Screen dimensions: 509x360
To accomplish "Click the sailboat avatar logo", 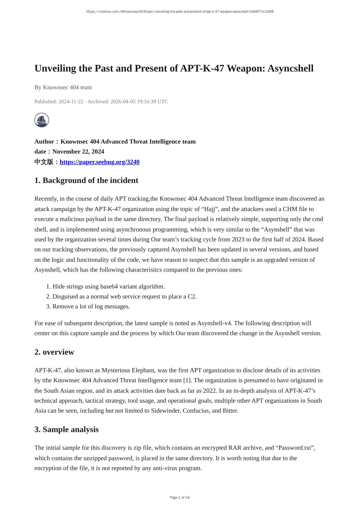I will pyautogui.click(x=42, y=120).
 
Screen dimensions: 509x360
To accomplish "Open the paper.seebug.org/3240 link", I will pyautogui.click(x=99, y=162).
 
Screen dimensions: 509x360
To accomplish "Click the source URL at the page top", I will pyautogui.click(x=180, y=12).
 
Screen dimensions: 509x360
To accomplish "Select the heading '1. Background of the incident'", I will pyautogui.click(x=86, y=180).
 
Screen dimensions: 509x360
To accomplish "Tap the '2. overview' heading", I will pyautogui.click(x=54, y=352).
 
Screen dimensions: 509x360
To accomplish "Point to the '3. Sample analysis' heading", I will pyautogui.click(x=66, y=429).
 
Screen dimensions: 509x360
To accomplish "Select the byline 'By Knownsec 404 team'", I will pyautogui.click(x=63, y=87).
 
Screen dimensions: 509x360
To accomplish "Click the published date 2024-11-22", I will pyautogui.click(x=71, y=101).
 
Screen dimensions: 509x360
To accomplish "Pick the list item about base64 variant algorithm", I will pyautogui.click(x=108, y=286).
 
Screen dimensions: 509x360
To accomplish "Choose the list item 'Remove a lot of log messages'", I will pyautogui.click(x=91, y=306).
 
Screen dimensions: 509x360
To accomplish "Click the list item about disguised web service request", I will pyautogui.click(x=124, y=297).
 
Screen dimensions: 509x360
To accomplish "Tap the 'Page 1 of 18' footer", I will pyautogui.click(x=180, y=497).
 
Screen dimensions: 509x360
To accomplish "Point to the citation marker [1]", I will pyautogui.click(x=186, y=380).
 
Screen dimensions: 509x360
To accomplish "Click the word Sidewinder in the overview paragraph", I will pyautogui.click(x=166, y=411).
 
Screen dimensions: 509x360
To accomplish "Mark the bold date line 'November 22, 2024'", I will pyautogui.click(x=78, y=152).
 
